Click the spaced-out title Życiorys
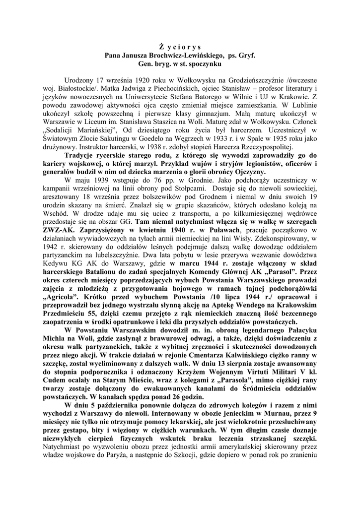point(180,46)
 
